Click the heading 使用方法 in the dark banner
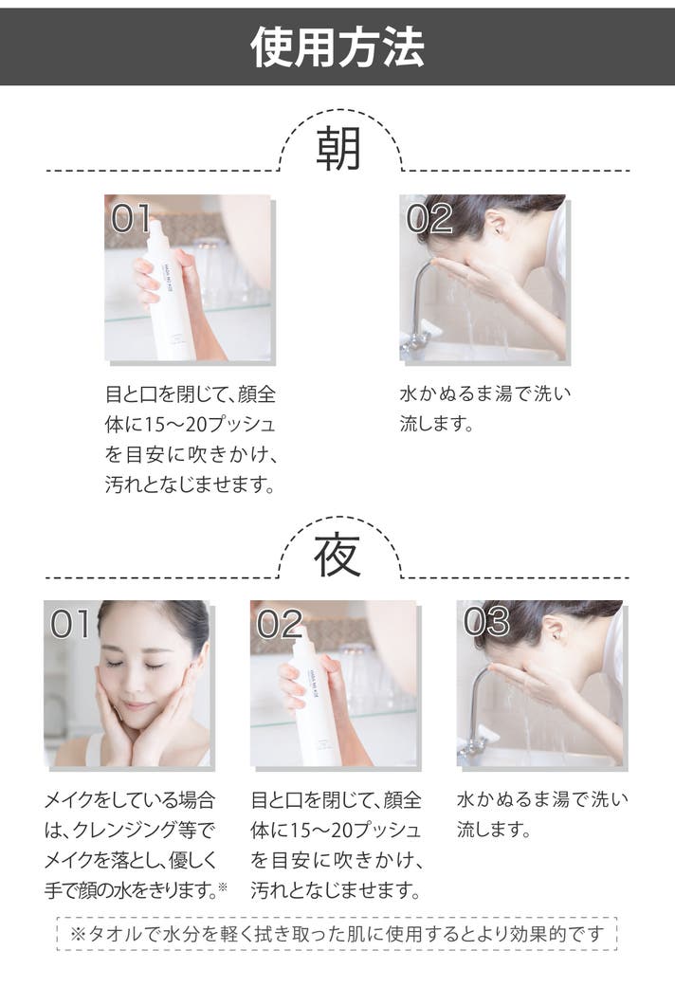pos(337,47)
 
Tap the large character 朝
pos(338,149)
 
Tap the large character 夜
pos(337,556)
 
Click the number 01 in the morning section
pos(130,219)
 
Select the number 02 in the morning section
pos(429,219)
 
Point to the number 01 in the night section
pos(69,625)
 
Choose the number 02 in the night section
pos(280,625)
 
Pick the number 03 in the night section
pos(486,622)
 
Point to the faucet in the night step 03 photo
pos(474,711)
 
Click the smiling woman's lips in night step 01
pos(136,705)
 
